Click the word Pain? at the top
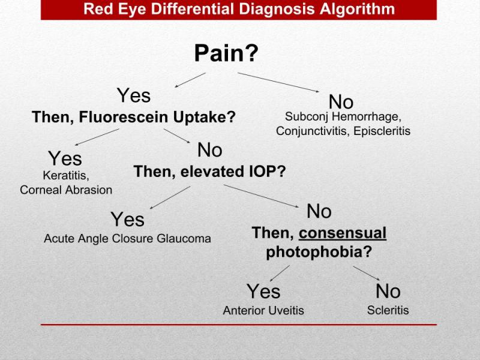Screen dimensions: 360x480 (x=226, y=53)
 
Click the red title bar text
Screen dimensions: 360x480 (x=239, y=10)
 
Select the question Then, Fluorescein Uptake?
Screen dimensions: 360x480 (x=134, y=117)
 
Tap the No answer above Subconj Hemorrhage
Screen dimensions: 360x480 (x=341, y=102)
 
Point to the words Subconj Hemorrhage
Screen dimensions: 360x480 (x=343, y=116)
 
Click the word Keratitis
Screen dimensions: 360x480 (x=66, y=176)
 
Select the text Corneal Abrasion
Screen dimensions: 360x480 (x=66, y=190)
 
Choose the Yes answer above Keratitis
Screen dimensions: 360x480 (x=65, y=158)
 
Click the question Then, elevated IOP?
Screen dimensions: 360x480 (x=209, y=172)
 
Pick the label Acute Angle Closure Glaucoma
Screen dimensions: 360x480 (x=127, y=238)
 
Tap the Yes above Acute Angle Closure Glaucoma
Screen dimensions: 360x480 (x=127, y=220)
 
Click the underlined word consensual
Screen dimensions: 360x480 (x=343, y=233)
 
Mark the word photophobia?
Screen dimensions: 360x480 (x=319, y=252)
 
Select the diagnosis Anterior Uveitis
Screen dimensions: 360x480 (x=263, y=311)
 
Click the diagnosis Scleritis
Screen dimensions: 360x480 (x=388, y=310)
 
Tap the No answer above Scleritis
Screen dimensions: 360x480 (x=388, y=292)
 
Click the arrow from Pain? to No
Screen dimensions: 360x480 (x=278, y=82)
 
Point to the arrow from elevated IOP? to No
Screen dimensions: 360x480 (x=262, y=196)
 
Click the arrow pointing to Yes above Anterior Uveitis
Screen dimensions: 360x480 (x=280, y=274)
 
